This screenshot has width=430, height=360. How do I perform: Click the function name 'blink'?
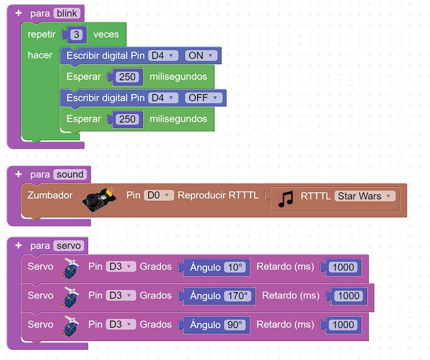67,13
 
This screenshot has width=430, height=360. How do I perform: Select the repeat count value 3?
76,35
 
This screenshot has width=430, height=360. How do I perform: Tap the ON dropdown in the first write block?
200,56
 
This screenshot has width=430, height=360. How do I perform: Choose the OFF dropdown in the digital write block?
203,98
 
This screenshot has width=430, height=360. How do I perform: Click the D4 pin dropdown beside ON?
163,56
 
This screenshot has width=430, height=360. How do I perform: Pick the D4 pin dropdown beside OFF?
163,98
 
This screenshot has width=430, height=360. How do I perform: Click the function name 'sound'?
70,174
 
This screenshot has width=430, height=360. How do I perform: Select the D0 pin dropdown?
159,195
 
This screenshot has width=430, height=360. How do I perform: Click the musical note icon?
286,199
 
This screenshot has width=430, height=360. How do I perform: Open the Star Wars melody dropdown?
364,196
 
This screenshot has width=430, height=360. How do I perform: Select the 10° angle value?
235,267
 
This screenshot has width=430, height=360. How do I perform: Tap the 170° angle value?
238,296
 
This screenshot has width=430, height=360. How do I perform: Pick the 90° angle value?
235,325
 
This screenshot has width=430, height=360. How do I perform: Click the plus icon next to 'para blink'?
19,13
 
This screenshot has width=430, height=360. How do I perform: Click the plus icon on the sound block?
19,174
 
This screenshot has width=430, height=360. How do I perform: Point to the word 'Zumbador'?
50,195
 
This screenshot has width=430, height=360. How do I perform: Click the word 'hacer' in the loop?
40,55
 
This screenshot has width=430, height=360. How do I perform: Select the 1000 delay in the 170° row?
348,296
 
